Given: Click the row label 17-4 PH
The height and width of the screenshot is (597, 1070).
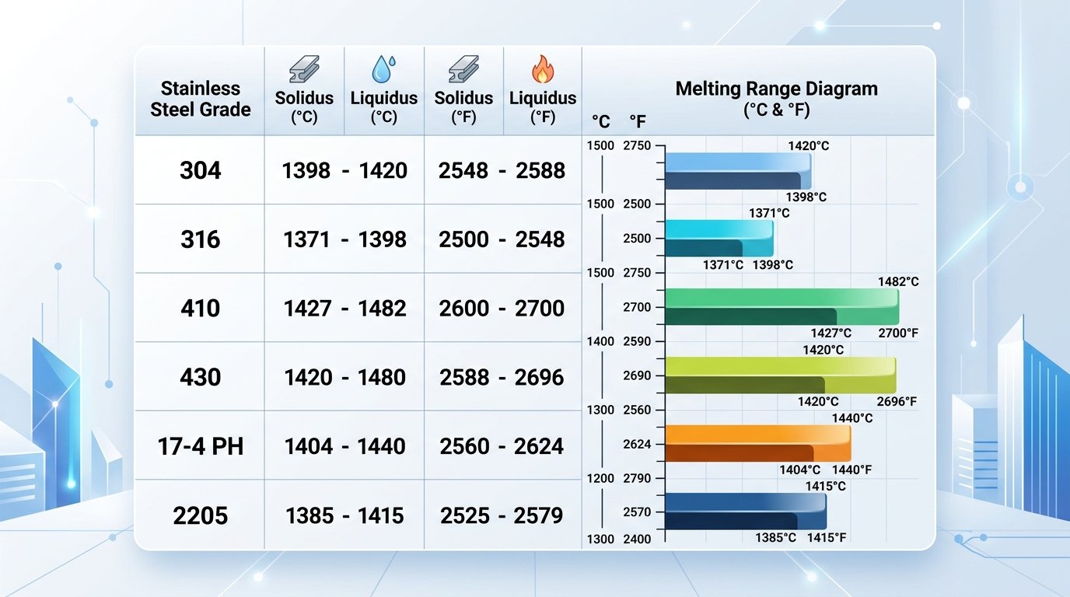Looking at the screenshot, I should (201, 446).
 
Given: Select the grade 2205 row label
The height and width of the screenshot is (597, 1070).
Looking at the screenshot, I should (201, 515).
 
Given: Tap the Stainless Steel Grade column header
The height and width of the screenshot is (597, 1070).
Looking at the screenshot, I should (201, 99).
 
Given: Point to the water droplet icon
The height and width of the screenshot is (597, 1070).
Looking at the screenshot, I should (383, 69).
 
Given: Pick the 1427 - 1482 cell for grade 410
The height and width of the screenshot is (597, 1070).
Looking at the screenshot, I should (345, 309).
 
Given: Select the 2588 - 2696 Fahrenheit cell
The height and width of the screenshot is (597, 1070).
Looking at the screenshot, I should (502, 377).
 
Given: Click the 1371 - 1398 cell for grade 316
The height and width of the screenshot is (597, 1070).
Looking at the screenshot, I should (345, 239).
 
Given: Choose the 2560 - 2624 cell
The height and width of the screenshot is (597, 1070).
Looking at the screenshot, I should (502, 446).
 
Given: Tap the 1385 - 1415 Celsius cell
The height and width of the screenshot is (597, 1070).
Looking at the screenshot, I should (345, 515).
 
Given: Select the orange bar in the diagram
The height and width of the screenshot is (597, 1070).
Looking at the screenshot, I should (758, 443).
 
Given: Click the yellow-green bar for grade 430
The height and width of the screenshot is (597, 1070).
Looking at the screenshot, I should (781, 375).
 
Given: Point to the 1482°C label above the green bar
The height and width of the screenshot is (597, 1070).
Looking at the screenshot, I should (897, 281).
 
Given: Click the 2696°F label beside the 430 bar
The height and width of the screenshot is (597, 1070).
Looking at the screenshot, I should (896, 402).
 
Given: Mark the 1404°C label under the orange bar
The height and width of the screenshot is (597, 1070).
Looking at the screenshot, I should (800, 470).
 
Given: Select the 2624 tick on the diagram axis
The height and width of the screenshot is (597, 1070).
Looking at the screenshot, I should (637, 445).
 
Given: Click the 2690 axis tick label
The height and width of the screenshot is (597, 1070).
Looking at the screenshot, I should (637, 376).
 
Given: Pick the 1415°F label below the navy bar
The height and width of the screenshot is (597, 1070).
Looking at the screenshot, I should (827, 537).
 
